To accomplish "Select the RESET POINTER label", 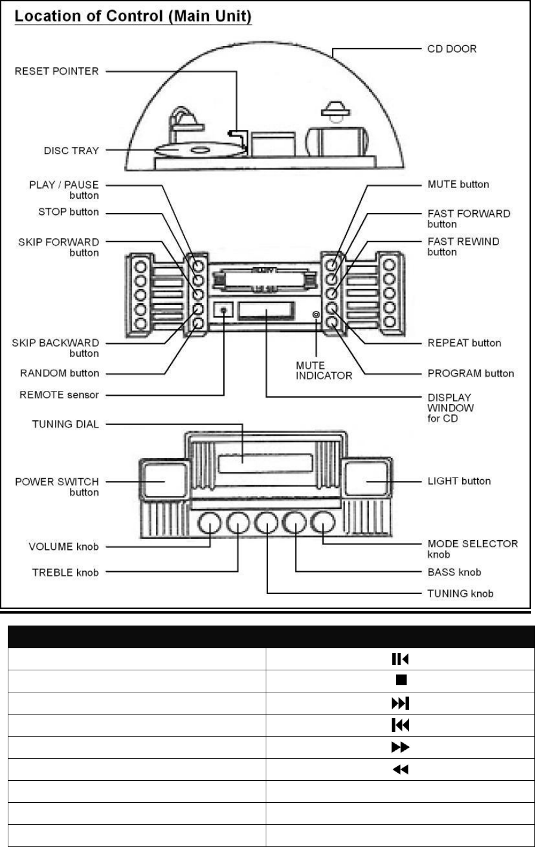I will [x=57, y=71].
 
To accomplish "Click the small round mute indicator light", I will [x=316, y=313].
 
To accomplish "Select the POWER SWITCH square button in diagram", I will [x=161, y=481].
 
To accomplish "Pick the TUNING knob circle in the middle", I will [x=266, y=524].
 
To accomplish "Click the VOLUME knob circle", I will [x=209, y=524].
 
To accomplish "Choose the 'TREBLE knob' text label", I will [x=65, y=572].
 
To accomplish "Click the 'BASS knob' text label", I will [x=454, y=572].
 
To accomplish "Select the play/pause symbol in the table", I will [x=399, y=659].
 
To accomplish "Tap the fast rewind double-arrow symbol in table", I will [x=399, y=770].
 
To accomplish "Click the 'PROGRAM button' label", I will [x=471, y=373].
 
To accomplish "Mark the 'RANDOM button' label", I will [x=60, y=373].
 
